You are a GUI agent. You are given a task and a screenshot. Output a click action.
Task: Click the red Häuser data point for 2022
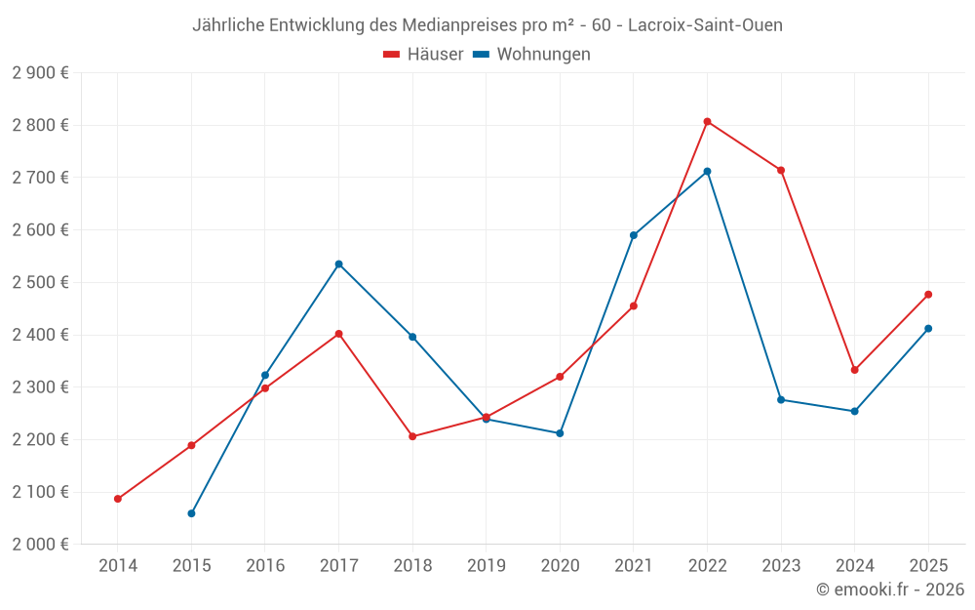click(707, 121)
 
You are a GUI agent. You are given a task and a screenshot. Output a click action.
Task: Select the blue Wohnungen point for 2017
click(338, 264)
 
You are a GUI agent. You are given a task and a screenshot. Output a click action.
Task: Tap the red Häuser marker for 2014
click(118, 499)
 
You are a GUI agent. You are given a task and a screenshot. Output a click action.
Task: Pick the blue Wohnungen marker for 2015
click(191, 513)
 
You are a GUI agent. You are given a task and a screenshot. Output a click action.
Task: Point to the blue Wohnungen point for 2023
click(781, 399)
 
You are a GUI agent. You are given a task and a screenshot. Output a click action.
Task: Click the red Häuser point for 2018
click(412, 436)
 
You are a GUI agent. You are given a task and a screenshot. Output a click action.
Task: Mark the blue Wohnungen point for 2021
click(634, 235)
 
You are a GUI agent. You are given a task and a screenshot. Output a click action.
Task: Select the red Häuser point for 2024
click(855, 370)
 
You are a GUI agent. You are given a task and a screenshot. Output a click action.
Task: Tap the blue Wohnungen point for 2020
click(560, 433)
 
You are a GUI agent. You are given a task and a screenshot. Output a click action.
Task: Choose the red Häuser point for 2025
click(928, 294)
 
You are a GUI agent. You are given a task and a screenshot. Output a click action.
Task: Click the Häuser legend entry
click(424, 55)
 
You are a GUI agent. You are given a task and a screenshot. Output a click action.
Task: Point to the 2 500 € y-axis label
click(40, 282)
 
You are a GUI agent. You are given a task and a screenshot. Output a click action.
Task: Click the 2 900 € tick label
click(40, 73)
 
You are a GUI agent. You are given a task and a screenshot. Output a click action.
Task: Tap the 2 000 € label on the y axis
click(40, 545)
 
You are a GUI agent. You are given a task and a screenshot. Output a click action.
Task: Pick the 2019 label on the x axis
click(486, 565)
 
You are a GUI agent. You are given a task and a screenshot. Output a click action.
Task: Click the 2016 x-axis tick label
click(265, 565)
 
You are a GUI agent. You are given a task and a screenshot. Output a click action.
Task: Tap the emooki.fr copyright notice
click(889, 590)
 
